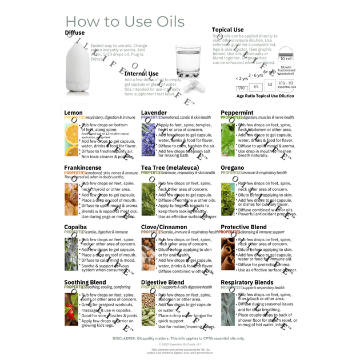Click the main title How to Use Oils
tap(126, 22)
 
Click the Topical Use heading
tap(227, 30)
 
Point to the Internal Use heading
tap(141, 74)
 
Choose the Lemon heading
tap(73, 113)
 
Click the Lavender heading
tap(154, 113)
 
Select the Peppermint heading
tap(237, 113)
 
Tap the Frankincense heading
tap(83, 168)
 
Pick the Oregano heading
tap(233, 168)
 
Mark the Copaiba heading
tap(75, 227)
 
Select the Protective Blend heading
tap(243, 227)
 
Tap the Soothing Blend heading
tap(85, 282)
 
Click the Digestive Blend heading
tap(162, 282)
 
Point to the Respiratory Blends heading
tap(247, 282)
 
